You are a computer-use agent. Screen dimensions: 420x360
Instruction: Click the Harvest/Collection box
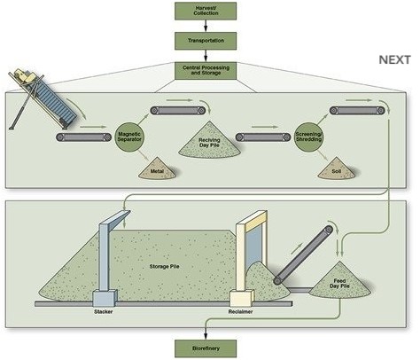pyautogui.click(x=206, y=12)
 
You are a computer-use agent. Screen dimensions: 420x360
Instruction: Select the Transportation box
pyautogui.click(x=206, y=41)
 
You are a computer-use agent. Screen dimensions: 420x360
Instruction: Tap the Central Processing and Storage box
pyautogui.click(x=206, y=71)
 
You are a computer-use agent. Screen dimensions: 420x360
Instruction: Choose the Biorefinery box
pyautogui.click(x=206, y=348)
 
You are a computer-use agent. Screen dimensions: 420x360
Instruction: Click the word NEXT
pyautogui.click(x=394, y=60)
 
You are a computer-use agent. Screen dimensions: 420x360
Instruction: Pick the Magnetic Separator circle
pyautogui.click(x=129, y=137)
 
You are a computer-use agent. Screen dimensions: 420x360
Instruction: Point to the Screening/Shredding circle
pyautogui.click(x=309, y=137)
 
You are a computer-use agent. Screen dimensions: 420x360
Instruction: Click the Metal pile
pyautogui.click(x=158, y=169)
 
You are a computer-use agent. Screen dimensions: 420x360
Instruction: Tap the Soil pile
pyautogui.click(x=337, y=169)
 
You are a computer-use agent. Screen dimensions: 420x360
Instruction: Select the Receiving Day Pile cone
pyautogui.click(x=209, y=140)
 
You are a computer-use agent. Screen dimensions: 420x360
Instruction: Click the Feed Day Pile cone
pyautogui.click(x=339, y=281)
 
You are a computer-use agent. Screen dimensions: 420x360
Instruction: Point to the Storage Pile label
pyautogui.click(x=164, y=266)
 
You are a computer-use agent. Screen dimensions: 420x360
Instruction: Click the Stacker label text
pyautogui.click(x=104, y=311)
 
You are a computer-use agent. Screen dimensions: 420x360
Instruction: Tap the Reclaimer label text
pyautogui.click(x=240, y=311)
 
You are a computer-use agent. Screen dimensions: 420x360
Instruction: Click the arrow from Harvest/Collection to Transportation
pyautogui.click(x=206, y=26)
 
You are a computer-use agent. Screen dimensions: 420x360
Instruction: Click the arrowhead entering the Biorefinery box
pyautogui.click(x=206, y=336)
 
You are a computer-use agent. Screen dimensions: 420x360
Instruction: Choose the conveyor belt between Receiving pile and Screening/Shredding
pyautogui.click(x=263, y=137)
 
